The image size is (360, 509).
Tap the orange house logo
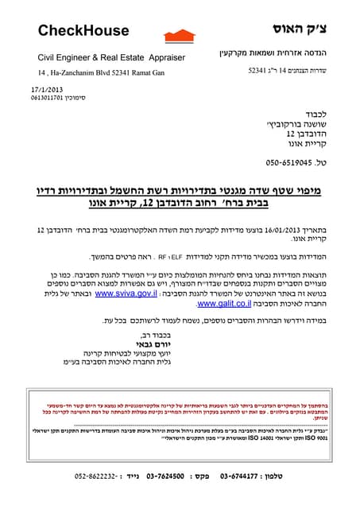point(179,36)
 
